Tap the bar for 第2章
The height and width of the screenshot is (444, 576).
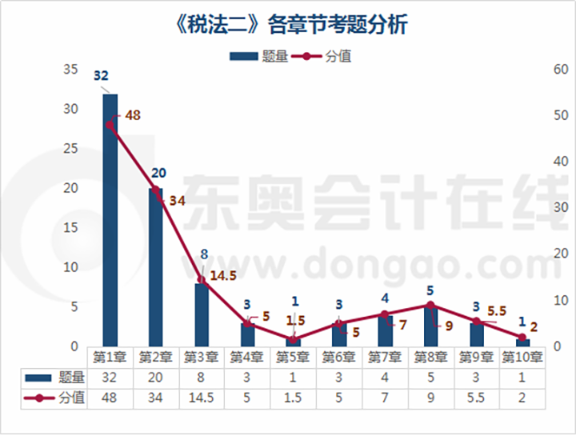[x=155, y=267]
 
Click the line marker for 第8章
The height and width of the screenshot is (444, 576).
[x=430, y=305]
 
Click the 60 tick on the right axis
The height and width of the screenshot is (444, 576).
[x=561, y=70]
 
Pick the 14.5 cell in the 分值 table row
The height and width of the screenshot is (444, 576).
[x=201, y=397]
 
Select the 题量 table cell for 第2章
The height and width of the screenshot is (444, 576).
[x=155, y=377]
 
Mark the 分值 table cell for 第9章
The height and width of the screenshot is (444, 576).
[x=476, y=397]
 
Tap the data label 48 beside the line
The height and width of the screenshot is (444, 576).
[x=133, y=115]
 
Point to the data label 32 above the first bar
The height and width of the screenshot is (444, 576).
[x=102, y=76]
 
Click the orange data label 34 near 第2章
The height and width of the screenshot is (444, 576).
[x=178, y=200]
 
